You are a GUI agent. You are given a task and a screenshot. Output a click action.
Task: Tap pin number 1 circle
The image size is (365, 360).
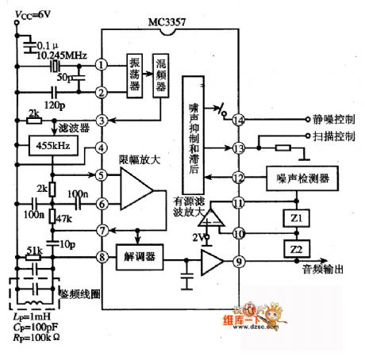click(x=102, y=64)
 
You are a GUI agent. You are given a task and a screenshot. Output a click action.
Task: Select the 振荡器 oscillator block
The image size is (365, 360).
click(x=136, y=76)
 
